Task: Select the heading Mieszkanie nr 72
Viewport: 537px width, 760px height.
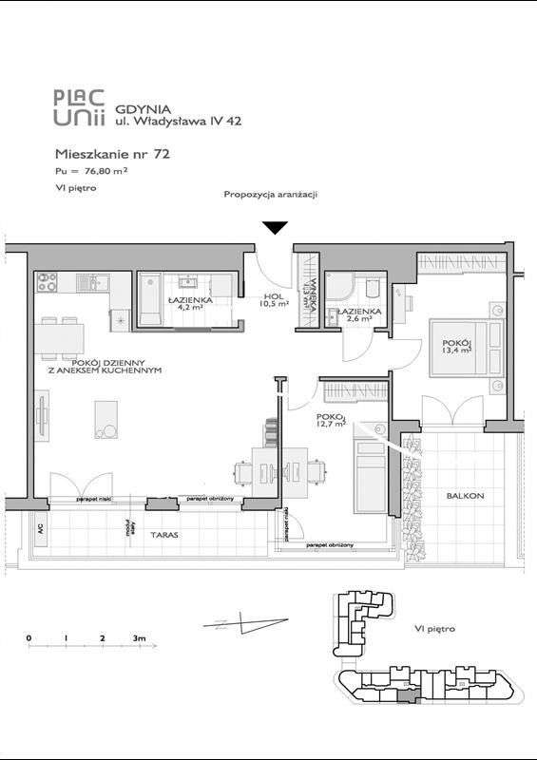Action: point(112,152)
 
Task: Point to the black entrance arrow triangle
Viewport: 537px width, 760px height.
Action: point(276,227)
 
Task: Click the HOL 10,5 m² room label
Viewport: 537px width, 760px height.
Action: point(275,300)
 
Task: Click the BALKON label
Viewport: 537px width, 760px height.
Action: point(467,496)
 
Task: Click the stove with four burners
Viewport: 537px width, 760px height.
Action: point(48,281)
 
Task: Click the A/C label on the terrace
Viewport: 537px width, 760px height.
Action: point(40,529)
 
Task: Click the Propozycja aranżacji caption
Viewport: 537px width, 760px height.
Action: point(270,195)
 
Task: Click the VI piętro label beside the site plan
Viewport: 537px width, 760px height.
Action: point(435,629)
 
